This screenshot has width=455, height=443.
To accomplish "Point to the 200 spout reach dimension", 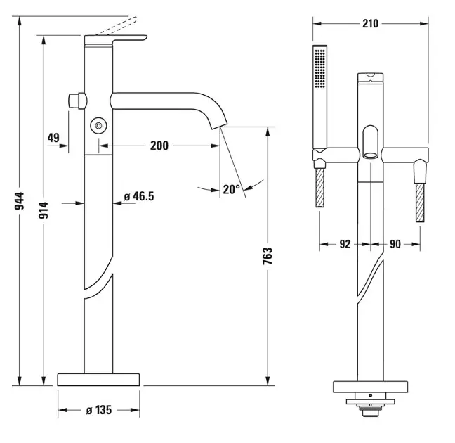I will pyautogui.click(x=159, y=146).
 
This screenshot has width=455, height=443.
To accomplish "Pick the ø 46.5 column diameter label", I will pyautogui.click(x=138, y=197).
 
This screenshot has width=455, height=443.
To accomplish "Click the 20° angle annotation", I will pyautogui.click(x=231, y=188).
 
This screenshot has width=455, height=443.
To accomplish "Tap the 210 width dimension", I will pyautogui.click(x=370, y=23).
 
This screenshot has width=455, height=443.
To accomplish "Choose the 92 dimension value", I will pyautogui.click(x=345, y=244).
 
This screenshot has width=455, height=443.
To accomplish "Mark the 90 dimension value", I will pyautogui.click(x=395, y=244).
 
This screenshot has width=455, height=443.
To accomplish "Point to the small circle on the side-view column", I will pyautogui.click(x=98, y=126).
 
